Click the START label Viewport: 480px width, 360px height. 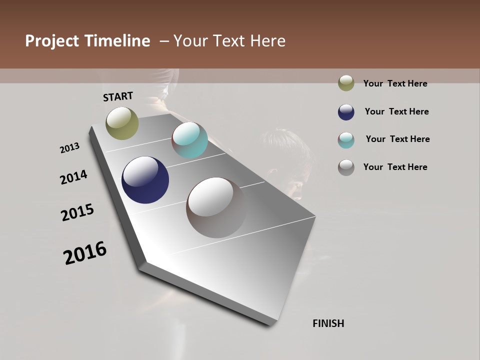(118, 96)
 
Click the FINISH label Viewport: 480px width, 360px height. (328, 323)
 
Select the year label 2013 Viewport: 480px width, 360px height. (70, 147)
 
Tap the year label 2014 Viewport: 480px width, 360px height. (74, 177)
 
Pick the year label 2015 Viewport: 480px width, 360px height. (77, 212)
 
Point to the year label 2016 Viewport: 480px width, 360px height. (85, 253)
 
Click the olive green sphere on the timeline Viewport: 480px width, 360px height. (122, 123)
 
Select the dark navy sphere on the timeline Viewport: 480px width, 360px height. (145, 180)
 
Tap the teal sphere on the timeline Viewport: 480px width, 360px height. (190, 140)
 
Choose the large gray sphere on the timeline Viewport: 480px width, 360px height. (216, 207)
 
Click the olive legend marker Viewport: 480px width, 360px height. (346, 83)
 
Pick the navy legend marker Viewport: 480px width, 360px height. (346, 112)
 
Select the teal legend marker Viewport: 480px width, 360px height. (346, 140)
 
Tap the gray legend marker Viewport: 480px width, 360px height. (346, 167)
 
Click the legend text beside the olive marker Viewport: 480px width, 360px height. (395, 83)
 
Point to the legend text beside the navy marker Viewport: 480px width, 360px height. (396, 111)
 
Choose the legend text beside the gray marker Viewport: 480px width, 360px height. (395, 167)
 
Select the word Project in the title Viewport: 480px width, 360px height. (51, 41)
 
